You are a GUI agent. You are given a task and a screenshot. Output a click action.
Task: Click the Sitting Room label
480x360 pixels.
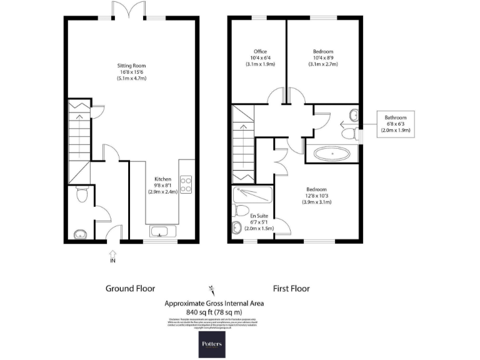point(131,65)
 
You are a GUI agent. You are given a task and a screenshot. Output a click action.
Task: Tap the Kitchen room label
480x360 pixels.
point(162,179)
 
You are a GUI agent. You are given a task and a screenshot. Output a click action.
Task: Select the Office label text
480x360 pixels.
point(260,51)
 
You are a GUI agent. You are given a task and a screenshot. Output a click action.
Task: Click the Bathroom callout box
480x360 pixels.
point(395,124)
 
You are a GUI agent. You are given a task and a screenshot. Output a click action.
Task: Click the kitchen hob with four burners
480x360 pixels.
point(186,184)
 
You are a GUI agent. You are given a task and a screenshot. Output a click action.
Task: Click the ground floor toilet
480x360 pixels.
point(80,196)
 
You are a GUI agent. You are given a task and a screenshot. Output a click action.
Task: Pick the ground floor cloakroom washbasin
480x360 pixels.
point(79,234)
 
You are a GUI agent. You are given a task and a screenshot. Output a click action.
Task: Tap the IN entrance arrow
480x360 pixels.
point(112,256)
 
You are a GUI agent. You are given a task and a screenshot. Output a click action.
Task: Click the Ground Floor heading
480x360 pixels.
point(129,289)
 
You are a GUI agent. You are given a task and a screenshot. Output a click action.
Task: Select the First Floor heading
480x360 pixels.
point(291,289)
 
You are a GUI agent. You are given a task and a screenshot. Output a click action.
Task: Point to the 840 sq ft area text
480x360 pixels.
point(214,312)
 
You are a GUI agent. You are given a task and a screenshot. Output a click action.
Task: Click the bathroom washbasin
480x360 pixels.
point(354,114)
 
